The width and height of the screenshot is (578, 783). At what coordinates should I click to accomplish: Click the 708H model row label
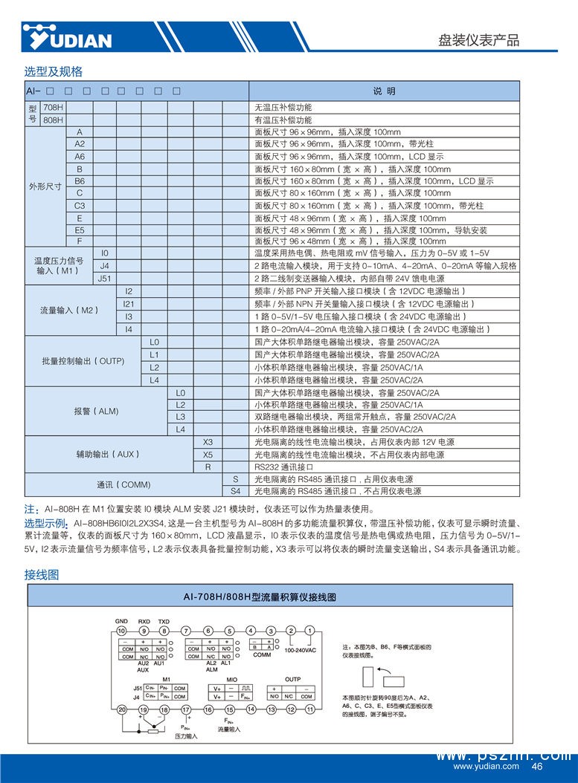pyautogui.click(x=53, y=107)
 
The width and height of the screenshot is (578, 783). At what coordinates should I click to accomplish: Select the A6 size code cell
pyautogui.click(x=80, y=157)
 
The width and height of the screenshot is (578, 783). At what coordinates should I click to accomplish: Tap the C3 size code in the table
pyautogui.click(x=80, y=206)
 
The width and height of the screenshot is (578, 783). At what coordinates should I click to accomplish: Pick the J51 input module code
pyautogui.click(x=105, y=279)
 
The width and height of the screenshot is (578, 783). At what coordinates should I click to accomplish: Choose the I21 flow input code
pyautogui.click(x=129, y=303)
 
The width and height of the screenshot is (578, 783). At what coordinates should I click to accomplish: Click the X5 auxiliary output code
pyautogui.click(x=208, y=455)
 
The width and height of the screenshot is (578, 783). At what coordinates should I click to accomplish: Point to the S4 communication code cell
pyautogui.click(x=235, y=491)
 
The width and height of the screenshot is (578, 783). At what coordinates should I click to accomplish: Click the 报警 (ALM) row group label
pyautogui.click(x=96, y=411)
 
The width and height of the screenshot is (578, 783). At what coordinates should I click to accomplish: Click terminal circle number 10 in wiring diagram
pyautogui.click(x=122, y=631)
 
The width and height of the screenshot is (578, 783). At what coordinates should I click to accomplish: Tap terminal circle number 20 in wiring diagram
pyautogui.click(x=122, y=710)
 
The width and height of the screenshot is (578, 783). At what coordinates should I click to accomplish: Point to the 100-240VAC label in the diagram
pyautogui.click(x=300, y=651)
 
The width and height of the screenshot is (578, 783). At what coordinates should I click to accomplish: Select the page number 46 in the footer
pyautogui.click(x=537, y=767)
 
